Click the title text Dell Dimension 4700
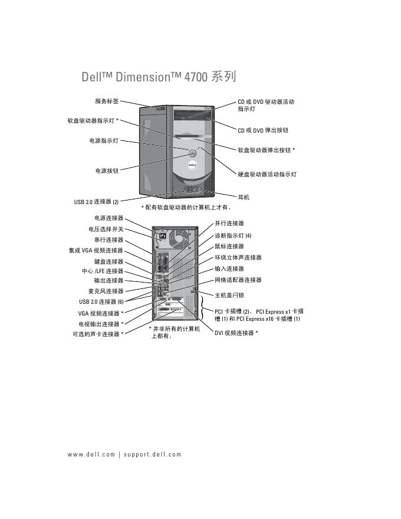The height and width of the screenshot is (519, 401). pyautogui.click(x=159, y=77)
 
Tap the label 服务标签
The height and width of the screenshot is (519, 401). pyautogui.click(x=107, y=101)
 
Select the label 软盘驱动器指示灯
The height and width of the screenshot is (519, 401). pyautogui.click(x=93, y=120)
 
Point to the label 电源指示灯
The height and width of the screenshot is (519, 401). pyautogui.click(x=103, y=141)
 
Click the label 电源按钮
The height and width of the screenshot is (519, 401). pyautogui.click(x=107, y=170)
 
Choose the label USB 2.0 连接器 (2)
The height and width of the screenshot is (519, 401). pyautogui.click(x=96, y=202)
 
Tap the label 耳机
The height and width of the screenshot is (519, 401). pyautogui.click(x=244, y=197)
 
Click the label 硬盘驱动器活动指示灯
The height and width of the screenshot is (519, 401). pyautogui.click(x=267, y=175)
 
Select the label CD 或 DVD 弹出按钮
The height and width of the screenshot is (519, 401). pyautogui.click(x=263, y=130)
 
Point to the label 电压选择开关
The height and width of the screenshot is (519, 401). pyautogui.click(x=106, y=229)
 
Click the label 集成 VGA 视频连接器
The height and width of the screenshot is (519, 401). pyautogui.click(x=96, y=251)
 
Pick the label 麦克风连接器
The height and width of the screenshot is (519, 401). pyautogui.click(x=106, y=291)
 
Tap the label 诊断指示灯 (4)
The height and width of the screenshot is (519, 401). pyautogui.click(x=233, y=235)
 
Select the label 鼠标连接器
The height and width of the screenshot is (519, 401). pyautogui.click(x=229, y=247)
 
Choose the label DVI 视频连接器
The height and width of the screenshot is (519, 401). pyautogui.click(x=236, y=333)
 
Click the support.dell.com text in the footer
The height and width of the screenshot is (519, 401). pyautogui.click(x=153, y=455)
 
